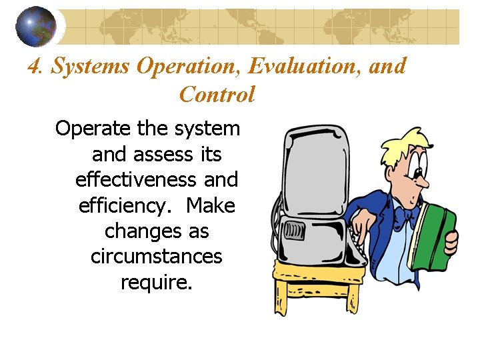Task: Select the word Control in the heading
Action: pos(217,95)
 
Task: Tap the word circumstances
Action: pos(156,257)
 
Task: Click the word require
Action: pos(156,283)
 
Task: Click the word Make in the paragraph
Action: pos(211,206)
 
